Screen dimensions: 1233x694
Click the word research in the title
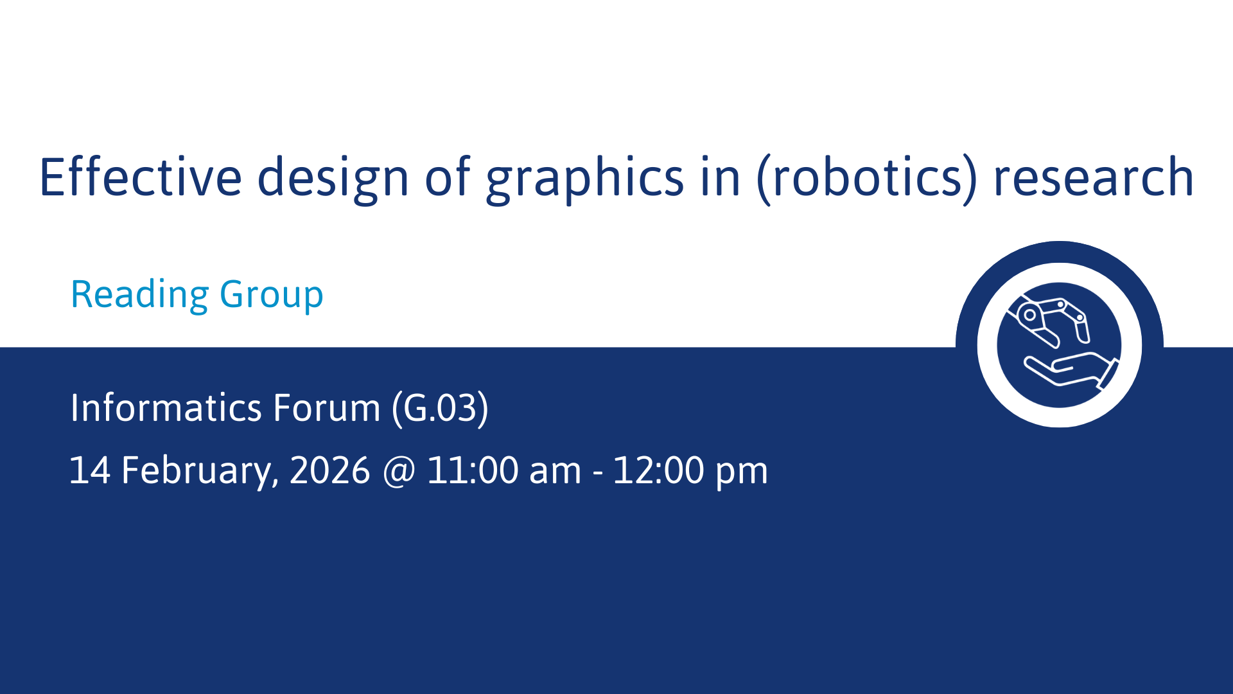point(1094,177)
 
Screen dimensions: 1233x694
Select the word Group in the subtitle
point(272,296)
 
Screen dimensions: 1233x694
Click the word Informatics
point(166,407)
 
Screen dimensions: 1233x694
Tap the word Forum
point(327,407)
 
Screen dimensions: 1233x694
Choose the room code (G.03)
point(441,409)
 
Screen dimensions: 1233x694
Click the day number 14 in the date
point(89,470)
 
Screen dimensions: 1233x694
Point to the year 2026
point(330,470)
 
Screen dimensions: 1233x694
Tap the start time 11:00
point(473,470)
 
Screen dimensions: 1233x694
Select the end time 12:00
point(659,470)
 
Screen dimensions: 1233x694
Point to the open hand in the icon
point(1071,371)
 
